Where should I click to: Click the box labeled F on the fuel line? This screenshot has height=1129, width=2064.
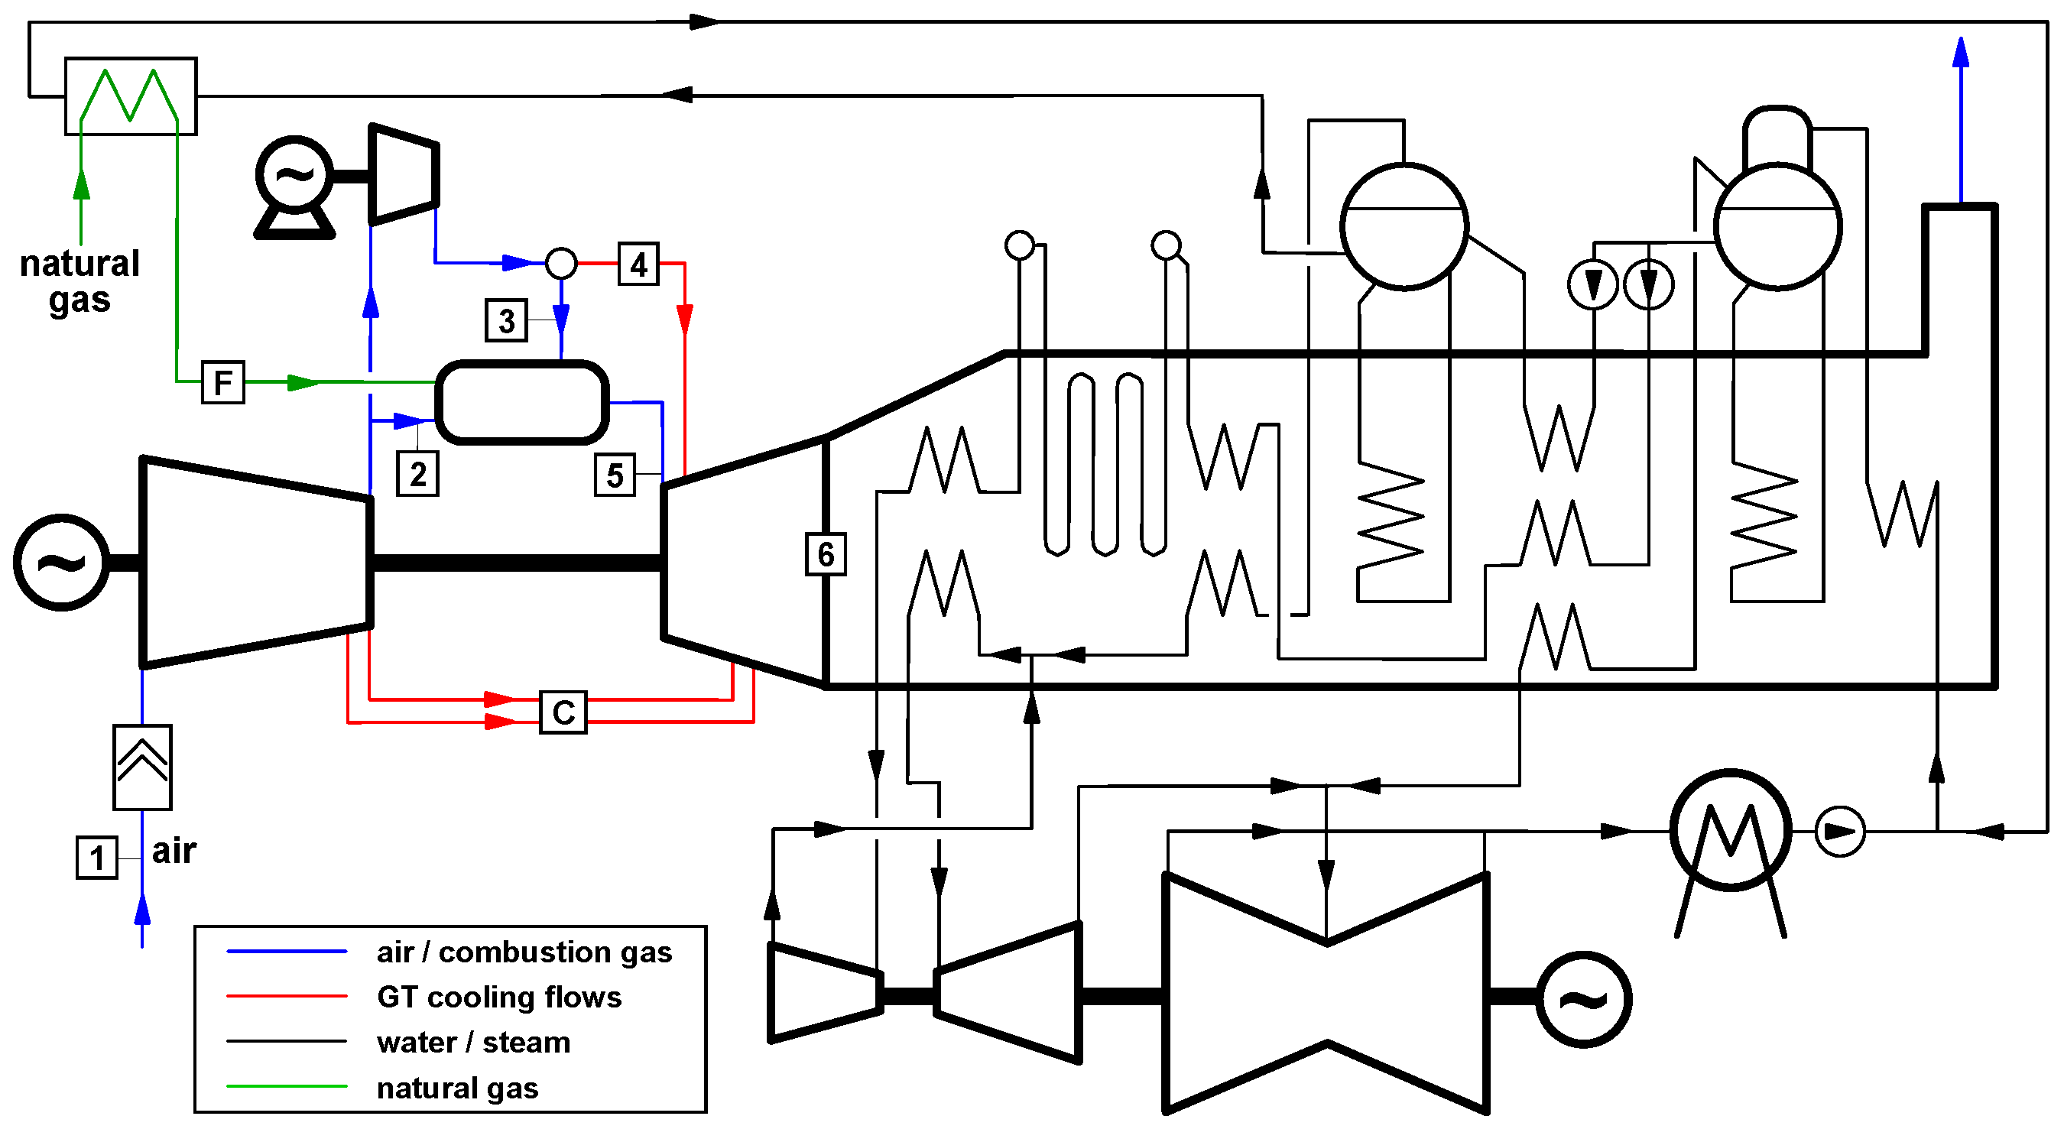point(222,382)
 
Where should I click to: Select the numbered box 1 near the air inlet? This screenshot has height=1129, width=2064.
point(97,858)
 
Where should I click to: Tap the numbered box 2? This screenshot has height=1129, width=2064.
point(417,475)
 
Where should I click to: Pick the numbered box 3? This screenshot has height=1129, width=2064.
point(506,320)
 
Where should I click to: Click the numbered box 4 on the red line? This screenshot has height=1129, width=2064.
point(638,264)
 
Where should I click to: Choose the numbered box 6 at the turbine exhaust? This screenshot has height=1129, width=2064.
point(826,553)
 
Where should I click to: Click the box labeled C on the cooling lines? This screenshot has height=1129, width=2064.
point(563,712)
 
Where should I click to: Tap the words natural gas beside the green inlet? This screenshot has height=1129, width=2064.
point(80,281)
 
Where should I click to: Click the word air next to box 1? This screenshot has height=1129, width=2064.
point(174,851)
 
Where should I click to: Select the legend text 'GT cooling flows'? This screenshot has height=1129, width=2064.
point(499,997)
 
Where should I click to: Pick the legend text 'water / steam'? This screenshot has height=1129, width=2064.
point(473,1043)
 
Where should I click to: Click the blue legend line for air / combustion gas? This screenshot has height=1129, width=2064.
point(287,952)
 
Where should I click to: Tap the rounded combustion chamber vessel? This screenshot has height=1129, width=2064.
point(521,402)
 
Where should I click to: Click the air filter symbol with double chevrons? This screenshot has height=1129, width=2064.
point(143,767)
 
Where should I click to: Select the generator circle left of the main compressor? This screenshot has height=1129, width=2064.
point(61,563)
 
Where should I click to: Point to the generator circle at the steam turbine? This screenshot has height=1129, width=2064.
point(1583,999)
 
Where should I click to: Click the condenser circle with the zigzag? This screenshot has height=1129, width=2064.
point(1731,830)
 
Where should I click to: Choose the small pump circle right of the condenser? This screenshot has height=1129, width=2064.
point(1840,832)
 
